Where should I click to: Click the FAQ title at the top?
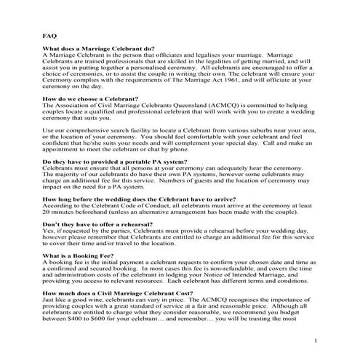pos(49,35)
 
